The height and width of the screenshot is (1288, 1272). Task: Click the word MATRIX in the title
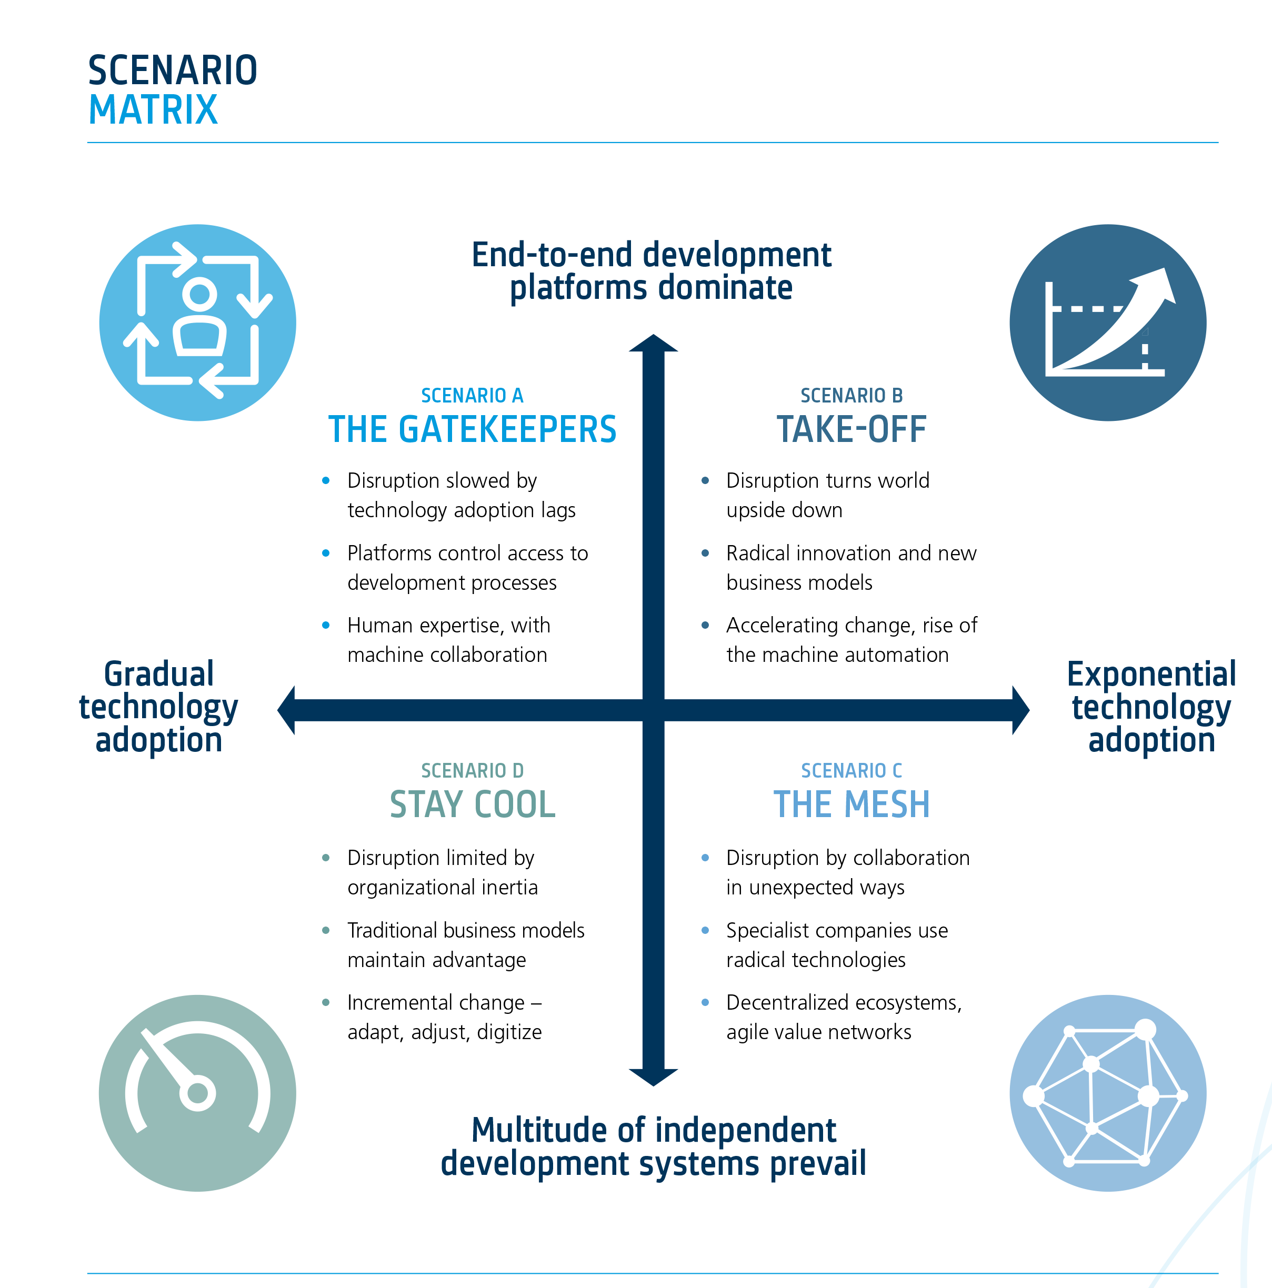pos(153,110)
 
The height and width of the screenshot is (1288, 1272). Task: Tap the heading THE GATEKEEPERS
pos(472,429)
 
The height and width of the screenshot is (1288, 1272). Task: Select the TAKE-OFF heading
pos(852,429)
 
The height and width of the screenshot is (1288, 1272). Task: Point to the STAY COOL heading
pos(472,804)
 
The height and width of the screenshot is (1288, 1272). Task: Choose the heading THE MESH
pos(852,804)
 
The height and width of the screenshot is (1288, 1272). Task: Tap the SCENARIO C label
pos(852,771)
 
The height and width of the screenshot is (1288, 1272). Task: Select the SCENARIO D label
pos(472,771)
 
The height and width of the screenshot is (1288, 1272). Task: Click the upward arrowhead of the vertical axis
pos(653,344)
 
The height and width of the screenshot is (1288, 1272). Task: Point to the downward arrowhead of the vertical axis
pos(653,1076)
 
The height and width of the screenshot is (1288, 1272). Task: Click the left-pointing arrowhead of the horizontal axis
pos(287,710)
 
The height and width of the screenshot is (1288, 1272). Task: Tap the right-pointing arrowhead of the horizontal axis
pos(1020,710)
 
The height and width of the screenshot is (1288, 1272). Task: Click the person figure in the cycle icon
pos(199,320)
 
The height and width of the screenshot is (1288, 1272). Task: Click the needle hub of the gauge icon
pos(197,1093)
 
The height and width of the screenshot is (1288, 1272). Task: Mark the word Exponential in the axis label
pos(1151,674)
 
